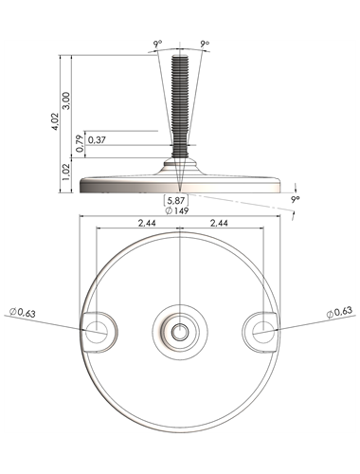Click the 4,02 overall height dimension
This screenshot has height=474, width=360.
[56, 122]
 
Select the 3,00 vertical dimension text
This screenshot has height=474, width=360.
[66, 100]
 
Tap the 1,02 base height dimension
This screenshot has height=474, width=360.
[66, 172]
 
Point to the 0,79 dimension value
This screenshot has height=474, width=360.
[81, 143]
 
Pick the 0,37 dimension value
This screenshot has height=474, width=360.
[97, 140]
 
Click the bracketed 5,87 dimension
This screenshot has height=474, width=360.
[176, 200]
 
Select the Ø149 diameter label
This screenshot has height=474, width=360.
[177, 210]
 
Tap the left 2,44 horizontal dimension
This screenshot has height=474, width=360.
[147, 223]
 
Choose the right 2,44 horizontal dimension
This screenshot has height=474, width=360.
[219, 223]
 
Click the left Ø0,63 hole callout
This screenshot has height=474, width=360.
[23, 313]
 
